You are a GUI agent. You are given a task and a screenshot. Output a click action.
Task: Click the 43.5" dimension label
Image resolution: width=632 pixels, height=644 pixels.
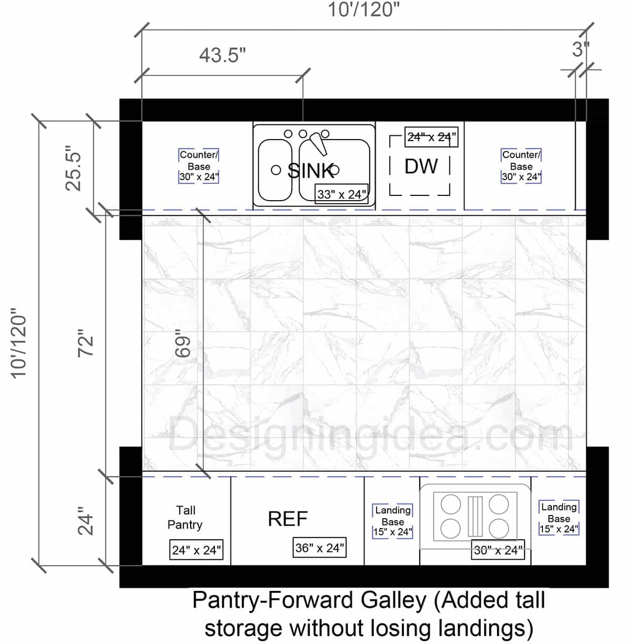[x=222, y=55]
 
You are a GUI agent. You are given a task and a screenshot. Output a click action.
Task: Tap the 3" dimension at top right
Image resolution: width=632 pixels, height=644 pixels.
[x=580, y=49]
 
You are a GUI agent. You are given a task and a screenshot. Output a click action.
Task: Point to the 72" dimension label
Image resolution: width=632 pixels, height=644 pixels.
[x=86, y=344]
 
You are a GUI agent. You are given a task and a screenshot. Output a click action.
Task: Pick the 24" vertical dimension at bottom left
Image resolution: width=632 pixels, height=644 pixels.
[x=86, y=521]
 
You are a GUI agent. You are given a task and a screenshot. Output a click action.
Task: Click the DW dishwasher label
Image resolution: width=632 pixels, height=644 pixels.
[x=421, y=166]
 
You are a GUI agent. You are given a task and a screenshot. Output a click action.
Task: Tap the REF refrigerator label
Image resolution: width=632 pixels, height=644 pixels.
[x=288, y=519]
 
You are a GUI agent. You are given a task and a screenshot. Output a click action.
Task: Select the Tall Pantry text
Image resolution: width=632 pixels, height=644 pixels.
[x=185, y=517]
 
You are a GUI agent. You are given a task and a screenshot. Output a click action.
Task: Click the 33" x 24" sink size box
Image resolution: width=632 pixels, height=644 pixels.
[x=341, y=194]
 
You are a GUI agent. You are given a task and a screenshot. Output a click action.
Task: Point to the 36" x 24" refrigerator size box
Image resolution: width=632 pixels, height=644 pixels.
[x=320, y=548]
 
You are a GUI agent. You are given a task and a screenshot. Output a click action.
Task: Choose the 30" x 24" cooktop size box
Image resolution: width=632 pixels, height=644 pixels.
[x=498, y=550]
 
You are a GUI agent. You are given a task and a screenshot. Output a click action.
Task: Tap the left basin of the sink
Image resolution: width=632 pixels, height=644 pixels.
[x=275, y=170]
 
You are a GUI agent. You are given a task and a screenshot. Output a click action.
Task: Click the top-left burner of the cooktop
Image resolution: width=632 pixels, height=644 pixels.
[x=451, y=504]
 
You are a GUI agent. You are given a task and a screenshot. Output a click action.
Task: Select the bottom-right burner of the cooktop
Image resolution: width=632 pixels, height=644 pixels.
[x=499, y=528]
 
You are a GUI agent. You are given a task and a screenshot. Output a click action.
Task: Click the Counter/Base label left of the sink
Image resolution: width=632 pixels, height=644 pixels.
[x=199, y=166]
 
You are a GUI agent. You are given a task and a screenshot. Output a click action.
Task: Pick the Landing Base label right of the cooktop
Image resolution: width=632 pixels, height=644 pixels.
[x=559, y=518]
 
